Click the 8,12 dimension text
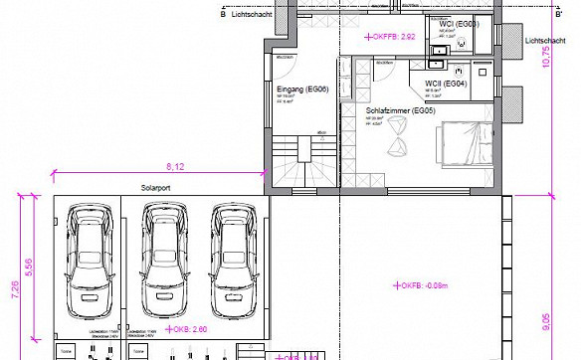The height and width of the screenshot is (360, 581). [x=175, y=165]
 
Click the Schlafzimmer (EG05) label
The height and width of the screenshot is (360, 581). [x=401, y=110]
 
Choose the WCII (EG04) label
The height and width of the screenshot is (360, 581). [x=447, y=84]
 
